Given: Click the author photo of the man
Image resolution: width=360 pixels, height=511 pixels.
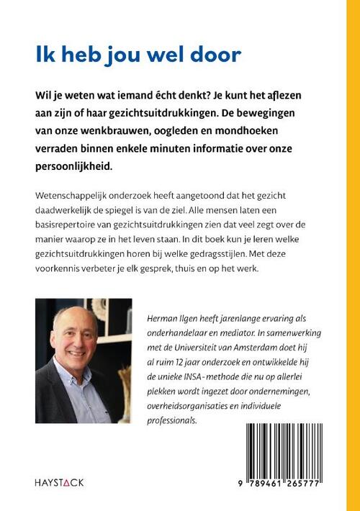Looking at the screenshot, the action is point(83,361).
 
